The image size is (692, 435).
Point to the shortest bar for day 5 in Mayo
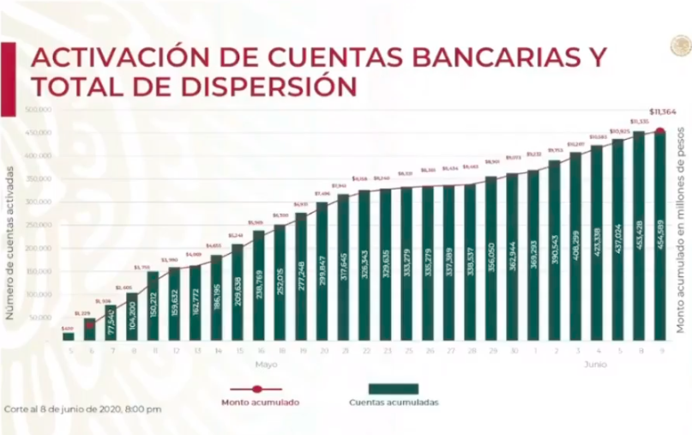[x=69, y=336]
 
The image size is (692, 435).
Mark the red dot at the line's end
[x=659, y=131]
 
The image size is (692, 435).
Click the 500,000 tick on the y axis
[x=39, y=110]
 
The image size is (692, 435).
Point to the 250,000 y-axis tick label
[x=39, y=226]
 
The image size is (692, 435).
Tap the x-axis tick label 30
[x=513, y=350]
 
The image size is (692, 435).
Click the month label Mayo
[x=271, y=364]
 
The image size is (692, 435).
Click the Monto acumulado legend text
[x=261, y=402]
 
